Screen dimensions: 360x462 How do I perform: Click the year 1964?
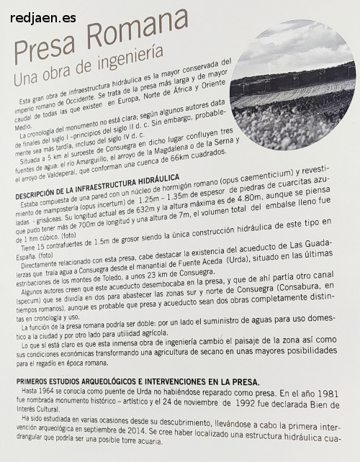coord(55,395)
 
